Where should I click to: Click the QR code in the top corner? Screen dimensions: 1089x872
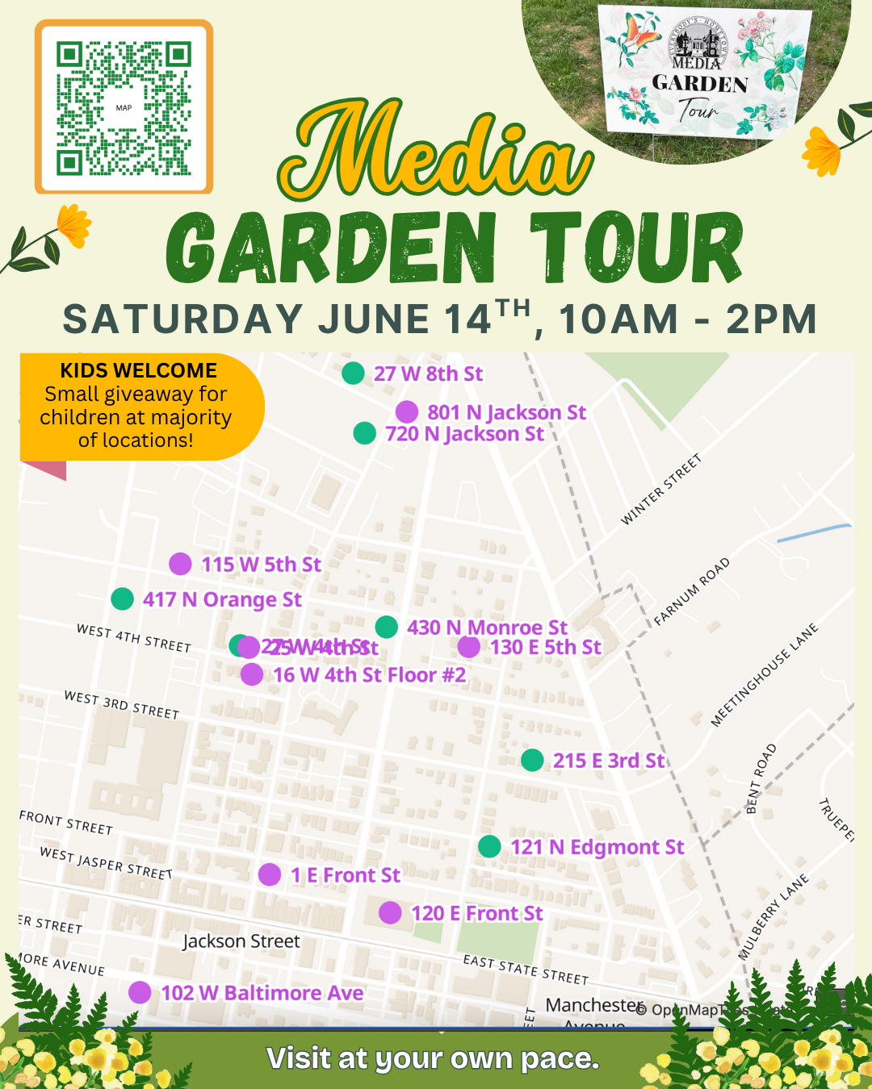pyautogui.click(x=124, y=107)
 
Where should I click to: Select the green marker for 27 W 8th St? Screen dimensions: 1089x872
pyautogui.click(x=353, y=373)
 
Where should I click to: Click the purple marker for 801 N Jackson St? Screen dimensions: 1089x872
pyautogui.click(x=407, y=412)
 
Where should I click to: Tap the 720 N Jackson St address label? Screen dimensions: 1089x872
pyautogui.click(x=464, y=434)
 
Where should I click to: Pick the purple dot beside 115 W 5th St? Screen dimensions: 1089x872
pyautogui.click(x=180, y=564)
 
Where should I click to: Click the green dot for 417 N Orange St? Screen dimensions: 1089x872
pyautogui.click(x=122, y=599)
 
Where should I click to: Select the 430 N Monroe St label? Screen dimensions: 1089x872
pyautogui.click(x=487, y=627)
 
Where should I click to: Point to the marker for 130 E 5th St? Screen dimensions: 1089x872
pyautogui.click(x=468, y=647)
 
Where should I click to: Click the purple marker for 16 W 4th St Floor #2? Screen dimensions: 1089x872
pyautogui.click(x=252, y=674)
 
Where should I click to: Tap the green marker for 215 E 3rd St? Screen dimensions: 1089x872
pyautogui.click(x=532, y=760)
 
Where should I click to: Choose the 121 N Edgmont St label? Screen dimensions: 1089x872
pyautogui.click(x=597, y=847)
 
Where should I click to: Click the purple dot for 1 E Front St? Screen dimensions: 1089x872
pyautogui.click(x=270, y=874)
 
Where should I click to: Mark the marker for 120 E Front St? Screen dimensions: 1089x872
pyautogui.click(x=390, y=912)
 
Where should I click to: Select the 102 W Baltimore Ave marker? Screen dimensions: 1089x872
pyautogui.click(x=140, y=992)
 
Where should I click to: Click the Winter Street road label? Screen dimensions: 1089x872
pyautogui.click(x=660, y=490)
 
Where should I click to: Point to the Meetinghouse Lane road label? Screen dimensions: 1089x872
pyautogui.click(x=764, y=675)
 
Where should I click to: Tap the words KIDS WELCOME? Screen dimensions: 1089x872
pyautogui.click(x=139, y=370)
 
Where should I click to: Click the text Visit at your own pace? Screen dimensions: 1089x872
pyautogui.click(x=433, y=1058)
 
